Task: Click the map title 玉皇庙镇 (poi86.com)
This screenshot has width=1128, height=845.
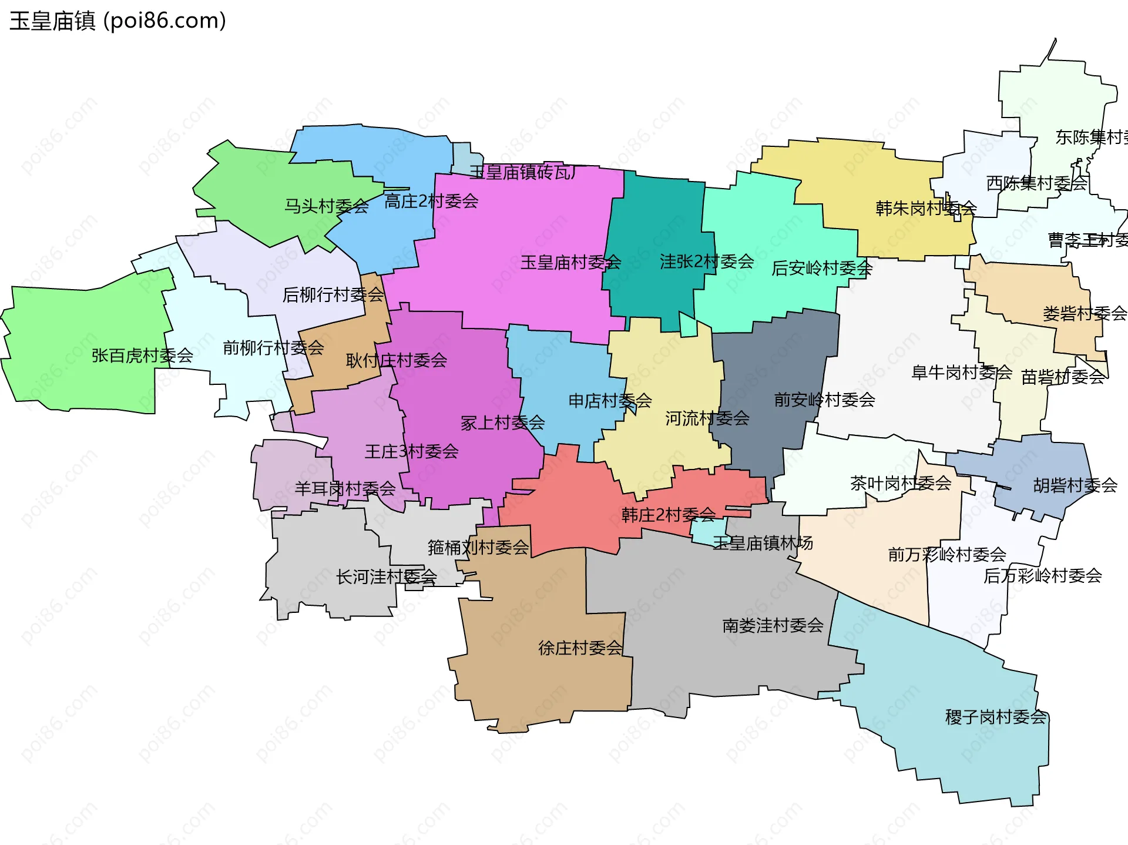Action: point(117,21)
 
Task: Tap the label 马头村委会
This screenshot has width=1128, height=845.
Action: point(327,206)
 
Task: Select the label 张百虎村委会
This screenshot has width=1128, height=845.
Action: point(142,356)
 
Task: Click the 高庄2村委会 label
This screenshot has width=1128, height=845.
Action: point(431,202)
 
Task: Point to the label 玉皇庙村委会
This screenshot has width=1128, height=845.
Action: point(570,263)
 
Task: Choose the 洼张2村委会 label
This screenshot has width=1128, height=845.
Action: point(706,261)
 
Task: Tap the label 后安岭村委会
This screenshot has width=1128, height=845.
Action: point(821,269)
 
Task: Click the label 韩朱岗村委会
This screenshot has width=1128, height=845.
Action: point(926,208)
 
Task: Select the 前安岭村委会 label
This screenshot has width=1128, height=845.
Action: point(824,400)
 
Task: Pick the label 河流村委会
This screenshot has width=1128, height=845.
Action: point(707,418)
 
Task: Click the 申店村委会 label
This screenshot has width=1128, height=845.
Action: point(610,401)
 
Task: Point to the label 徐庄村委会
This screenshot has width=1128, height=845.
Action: point(580,648)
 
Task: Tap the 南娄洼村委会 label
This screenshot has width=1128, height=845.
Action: point(773,626)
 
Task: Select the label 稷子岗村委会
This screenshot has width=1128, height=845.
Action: point(995,717)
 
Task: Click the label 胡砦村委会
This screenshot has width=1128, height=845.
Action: point(1075,485)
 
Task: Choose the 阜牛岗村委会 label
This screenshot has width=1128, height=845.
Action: point(961,373)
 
